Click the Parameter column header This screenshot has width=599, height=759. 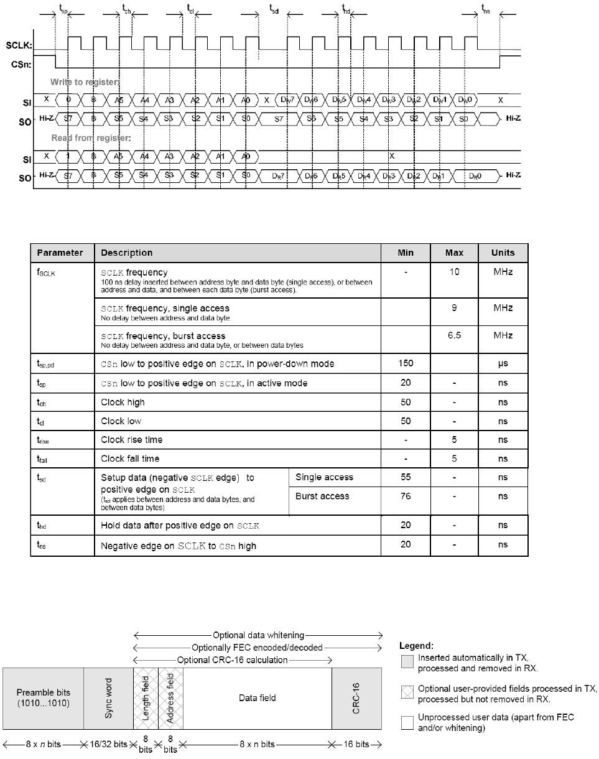(x=60, y=253)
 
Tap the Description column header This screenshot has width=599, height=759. (x=126, y=253)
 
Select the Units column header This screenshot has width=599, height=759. (x=503, y=253)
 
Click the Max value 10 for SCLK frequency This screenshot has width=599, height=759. (x=454, y=272)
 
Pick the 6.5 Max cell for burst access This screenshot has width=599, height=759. (x=454, y=335)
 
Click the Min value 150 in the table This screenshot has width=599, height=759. (x=406, y=363)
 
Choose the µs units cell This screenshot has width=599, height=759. (x=503, y=363)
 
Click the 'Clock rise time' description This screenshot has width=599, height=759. (x=132, y=440)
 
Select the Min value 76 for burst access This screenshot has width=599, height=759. (x=406, y=496)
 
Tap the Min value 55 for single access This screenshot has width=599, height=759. (x=406, y=477)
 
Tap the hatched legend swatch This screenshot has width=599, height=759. (x=407, y=690)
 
